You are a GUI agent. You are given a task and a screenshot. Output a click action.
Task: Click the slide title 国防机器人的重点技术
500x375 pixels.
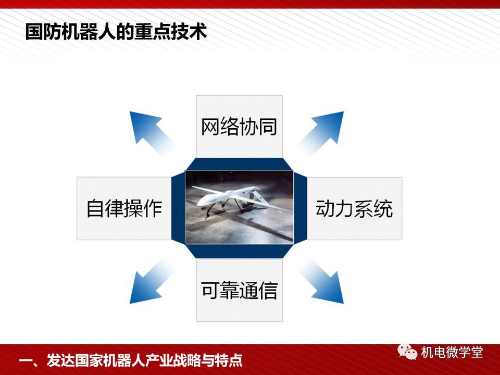(116, 32)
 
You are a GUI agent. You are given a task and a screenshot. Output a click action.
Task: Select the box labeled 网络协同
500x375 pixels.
(239, 126)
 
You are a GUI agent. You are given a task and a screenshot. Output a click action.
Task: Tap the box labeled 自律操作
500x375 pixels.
(124, 208)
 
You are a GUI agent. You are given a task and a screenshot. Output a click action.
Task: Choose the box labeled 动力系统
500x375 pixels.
(354, 208)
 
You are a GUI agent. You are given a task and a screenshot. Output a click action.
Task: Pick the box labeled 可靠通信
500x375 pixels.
(239, 290)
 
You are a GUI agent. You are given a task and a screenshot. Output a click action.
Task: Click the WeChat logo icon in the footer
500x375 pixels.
(407, 352)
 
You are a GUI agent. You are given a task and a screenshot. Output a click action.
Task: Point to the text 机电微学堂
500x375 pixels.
(452, 353)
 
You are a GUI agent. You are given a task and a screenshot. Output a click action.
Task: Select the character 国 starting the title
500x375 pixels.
(34, 32)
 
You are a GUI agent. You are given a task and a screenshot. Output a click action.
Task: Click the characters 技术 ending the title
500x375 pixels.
(189, 32)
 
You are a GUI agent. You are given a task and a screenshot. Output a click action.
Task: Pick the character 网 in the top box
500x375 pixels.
(210, 127)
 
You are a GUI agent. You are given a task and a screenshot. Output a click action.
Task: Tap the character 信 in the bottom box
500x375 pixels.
(268, 290)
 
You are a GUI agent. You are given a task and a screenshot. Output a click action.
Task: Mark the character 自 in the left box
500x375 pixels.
(96, 208)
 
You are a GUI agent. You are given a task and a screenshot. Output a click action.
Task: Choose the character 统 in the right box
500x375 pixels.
(383, 208)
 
